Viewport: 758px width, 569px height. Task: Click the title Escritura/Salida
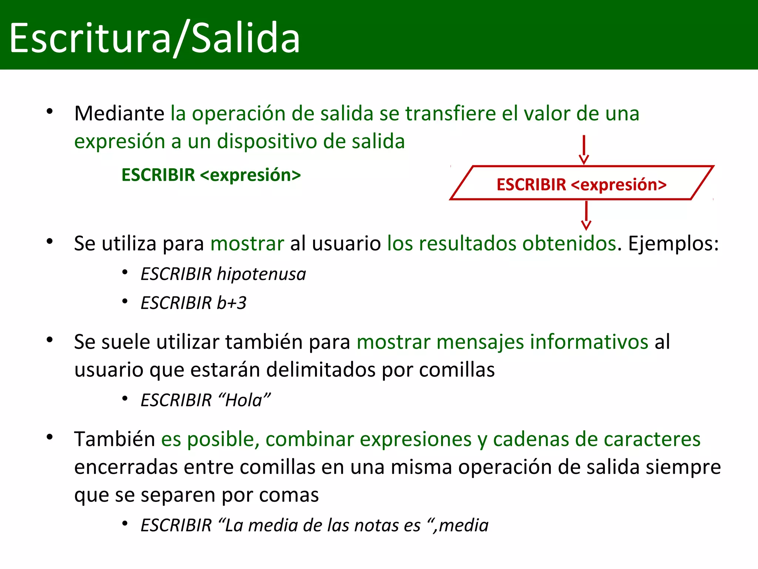[154, 38]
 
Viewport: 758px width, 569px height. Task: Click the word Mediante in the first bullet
[119, 113]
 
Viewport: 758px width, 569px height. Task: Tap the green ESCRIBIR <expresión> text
[211, 175]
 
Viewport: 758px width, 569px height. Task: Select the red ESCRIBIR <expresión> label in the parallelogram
[581, 184]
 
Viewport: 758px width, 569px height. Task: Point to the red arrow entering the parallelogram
[584, 150]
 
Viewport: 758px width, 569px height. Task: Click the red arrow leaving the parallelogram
[586, 216]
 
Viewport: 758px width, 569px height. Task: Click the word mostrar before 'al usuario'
[247, 244]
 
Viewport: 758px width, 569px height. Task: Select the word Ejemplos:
[673, 244]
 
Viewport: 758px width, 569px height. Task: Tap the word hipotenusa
[261, 274]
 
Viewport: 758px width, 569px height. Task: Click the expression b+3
[231, 303]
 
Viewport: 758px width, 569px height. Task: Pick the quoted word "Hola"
[244, 400]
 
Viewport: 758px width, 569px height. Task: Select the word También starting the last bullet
[114, 439]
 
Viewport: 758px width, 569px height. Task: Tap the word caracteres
[652, 439]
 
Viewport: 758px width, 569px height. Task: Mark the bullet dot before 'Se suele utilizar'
[50, 340]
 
